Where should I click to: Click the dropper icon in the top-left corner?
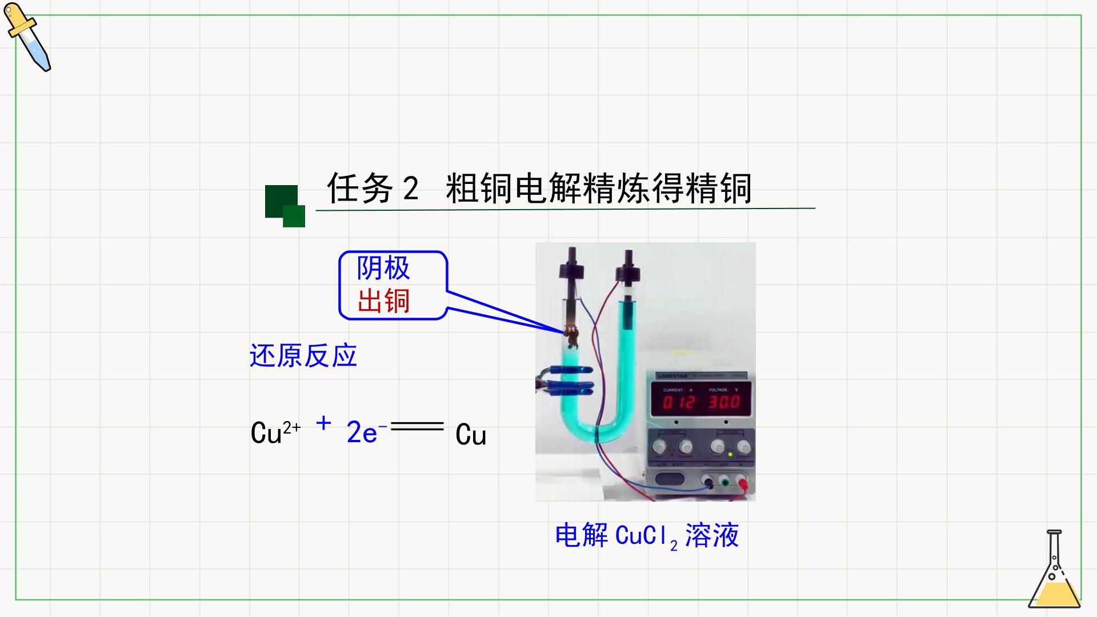pyautogui.click(x=27, y=37)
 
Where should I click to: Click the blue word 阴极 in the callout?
pyautogui.click(x=383, y=268)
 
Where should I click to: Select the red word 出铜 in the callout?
pyautogui.click(x=383, y=301)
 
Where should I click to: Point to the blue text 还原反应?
pyautogui.click(x=303, y=355)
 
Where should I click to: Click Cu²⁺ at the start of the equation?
pyautogui.click(x=275, y=432)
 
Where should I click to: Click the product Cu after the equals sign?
pyautogui.click(x=471, y=435)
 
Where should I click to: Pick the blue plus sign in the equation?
pyautogui.click(x=323, y=423)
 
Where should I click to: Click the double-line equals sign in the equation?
pyautogui.click(x=417, y=426)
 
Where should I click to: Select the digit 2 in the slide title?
pyautogui.click(x=410, y=188)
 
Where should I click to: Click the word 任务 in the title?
pyautogui.click(x=360, y=188)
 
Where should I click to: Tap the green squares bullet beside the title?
pyautogui.click(x=285, y=206)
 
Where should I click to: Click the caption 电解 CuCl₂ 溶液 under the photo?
pyautogui.click(x=647, y=536)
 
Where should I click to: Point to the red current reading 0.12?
pyautogui.click(x=679, y=402)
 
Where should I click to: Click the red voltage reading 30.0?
pyautogui.click(x=724, y=402)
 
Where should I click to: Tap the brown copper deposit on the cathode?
pyautogui.click(x=571, y=336)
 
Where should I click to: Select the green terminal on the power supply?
pyautogui.click(x=724, y=482)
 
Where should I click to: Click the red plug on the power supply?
pyautogui.click(x=743, y=484)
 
